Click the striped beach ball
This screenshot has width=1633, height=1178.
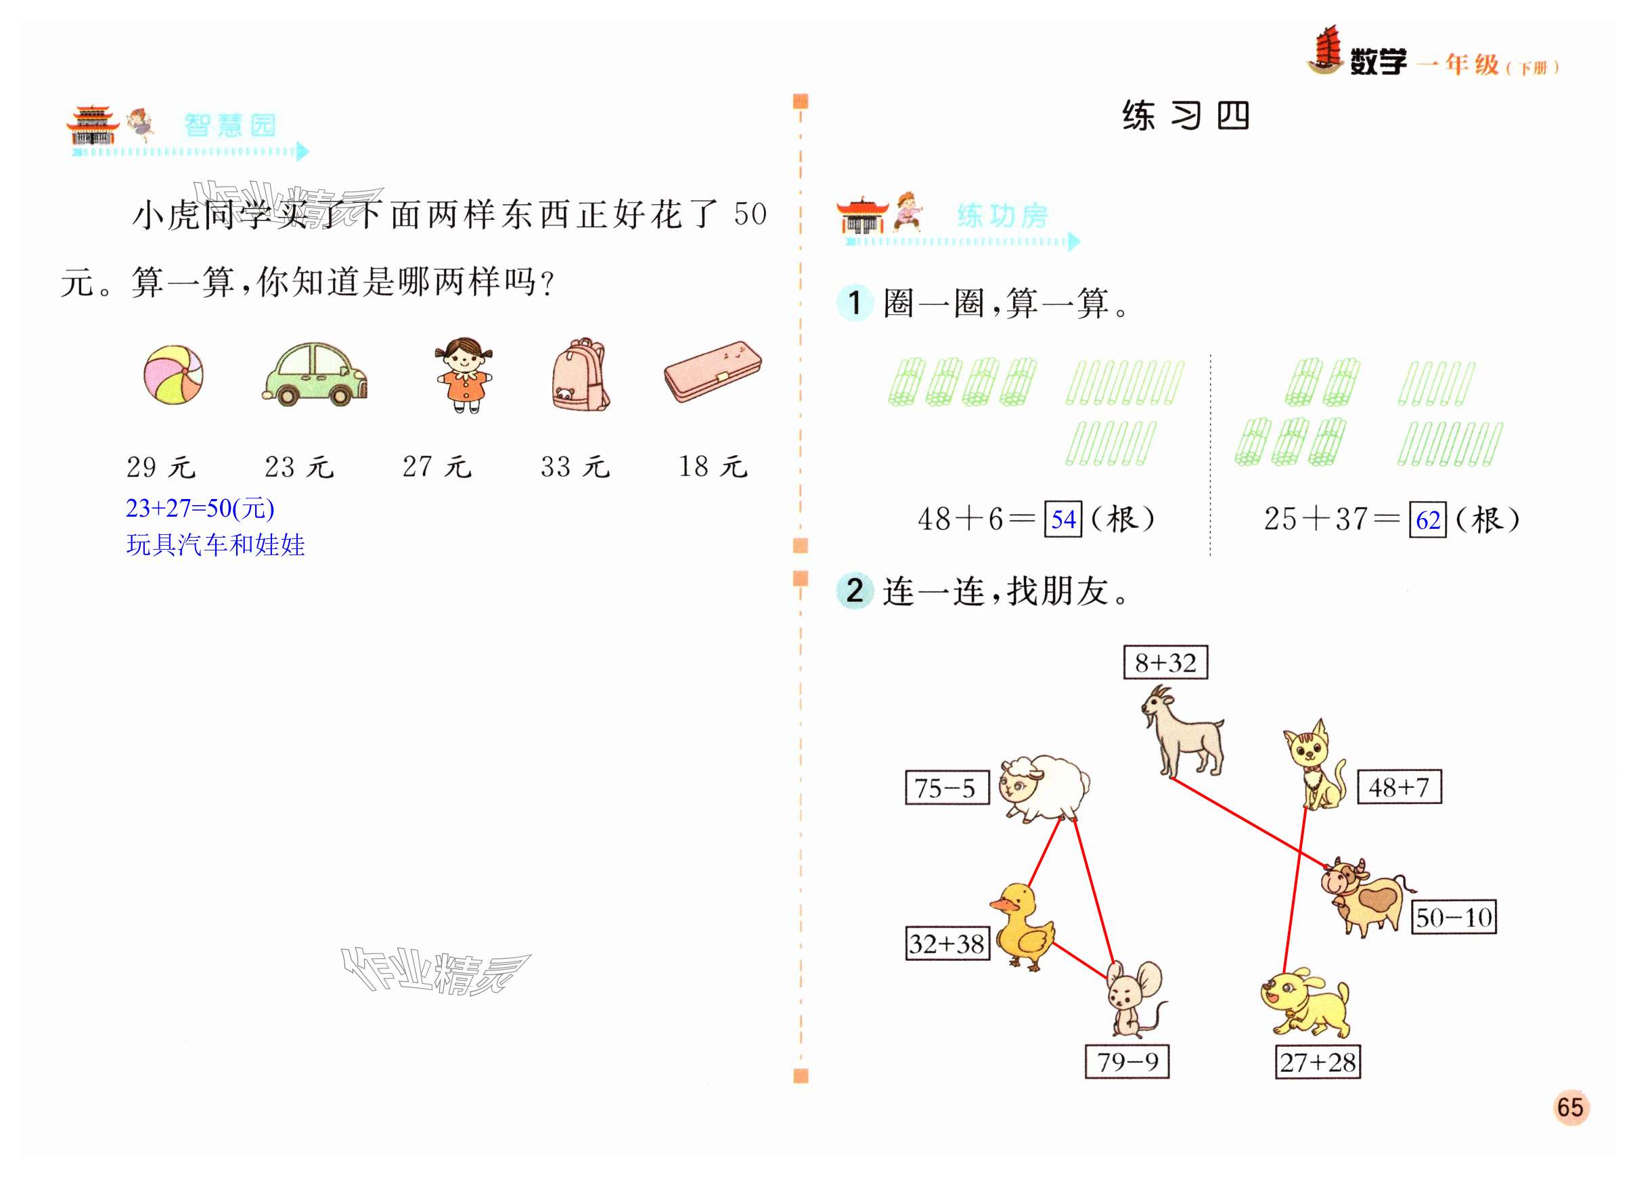[x=173, y=374]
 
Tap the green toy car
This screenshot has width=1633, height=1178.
[x=315, y=374]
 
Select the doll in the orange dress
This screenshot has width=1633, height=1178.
[x=464, y=375]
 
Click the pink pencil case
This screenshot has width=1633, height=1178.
[x=712, y=371]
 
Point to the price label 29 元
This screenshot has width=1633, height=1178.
[x=160, y=467]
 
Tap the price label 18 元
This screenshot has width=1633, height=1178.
[x=713, y=467]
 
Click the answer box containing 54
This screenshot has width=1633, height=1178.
[x=1062, y=519]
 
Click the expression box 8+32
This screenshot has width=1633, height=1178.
[x=1165, y=662]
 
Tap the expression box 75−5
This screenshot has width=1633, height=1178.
[x=946, y=787]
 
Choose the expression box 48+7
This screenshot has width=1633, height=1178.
[x=1399, y=786]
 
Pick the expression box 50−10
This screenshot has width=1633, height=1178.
[x=1453, y=917]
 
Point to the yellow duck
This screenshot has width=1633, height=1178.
[x=1023, y=926]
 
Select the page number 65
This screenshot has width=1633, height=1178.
[x=1569, y=1107]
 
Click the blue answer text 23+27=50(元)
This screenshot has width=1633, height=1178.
[x=200, y=508]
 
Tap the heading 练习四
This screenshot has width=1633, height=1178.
[x=1185, y=115]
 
